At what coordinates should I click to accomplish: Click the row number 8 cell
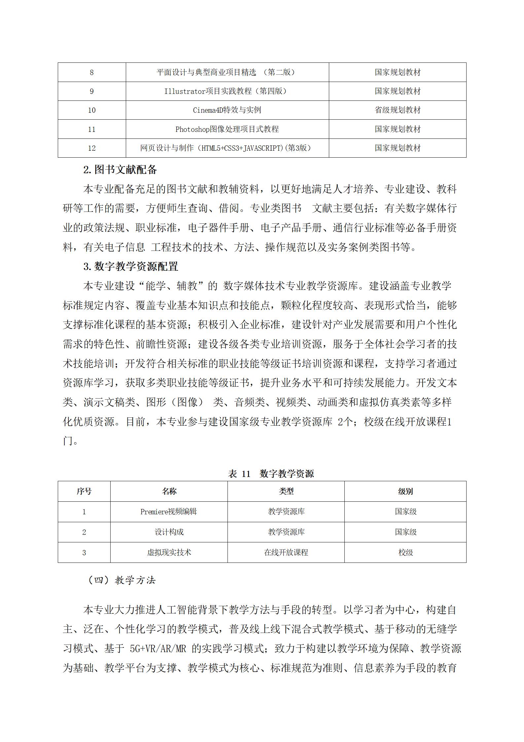tap(91, 72)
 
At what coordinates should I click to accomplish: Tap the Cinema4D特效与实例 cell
tap(227, 110)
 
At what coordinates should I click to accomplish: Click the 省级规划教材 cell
tap(398, 110)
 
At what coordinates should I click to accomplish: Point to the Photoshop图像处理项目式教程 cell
tap(227, 129)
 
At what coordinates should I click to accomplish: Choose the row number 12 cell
tap(91, 148)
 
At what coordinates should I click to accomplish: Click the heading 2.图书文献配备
tap(120, 170)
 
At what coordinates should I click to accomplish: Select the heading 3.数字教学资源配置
tap(131, 266)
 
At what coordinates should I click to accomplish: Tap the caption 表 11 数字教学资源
tap(271, 474)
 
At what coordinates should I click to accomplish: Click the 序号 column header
tap(84, 491)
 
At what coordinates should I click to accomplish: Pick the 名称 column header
tap(169, 491)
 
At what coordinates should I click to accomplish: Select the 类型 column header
tap(286, 491)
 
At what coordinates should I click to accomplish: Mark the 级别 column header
tap(405, 491)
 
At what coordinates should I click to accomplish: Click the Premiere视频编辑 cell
tap(169, 512)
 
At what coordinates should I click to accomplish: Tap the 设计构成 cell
tap(169, 532)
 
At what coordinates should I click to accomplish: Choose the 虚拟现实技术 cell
tap(169, 552)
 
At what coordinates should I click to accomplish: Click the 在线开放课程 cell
tap(286, 552)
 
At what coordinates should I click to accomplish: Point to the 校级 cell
tap(405, 552)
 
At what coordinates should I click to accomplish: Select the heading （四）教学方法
tap(122, 580)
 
